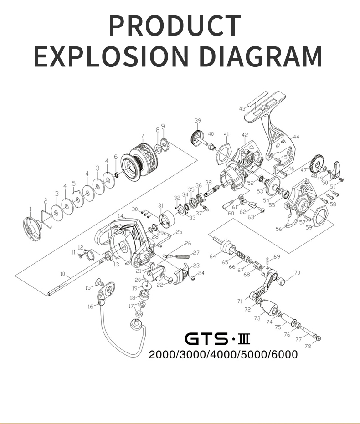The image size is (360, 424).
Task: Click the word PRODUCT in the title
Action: coord(175,26)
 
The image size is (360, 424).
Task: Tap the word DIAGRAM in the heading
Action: coord(261,56)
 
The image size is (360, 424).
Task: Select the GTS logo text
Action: coord(206,339)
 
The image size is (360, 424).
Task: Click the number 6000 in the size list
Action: coord(284,354)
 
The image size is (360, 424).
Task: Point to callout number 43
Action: coord(242,109)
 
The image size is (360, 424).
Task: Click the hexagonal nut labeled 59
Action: coord(320,215)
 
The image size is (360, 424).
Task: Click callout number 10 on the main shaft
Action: coord(63,274)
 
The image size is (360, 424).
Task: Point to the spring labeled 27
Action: coord(181,256)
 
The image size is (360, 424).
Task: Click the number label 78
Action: coord(308,346)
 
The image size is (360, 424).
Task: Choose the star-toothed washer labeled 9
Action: coord(163,145)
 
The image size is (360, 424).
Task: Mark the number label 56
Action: coord(278,229)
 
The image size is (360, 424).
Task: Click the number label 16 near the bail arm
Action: coord(90,307)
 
